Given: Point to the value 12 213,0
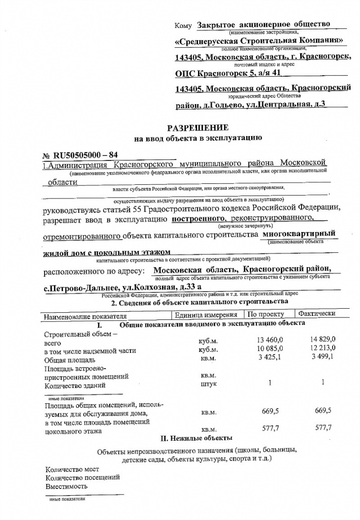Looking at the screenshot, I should (322, 349).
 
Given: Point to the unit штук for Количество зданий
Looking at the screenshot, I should (209, 384).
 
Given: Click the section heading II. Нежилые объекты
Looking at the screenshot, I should (197, 437).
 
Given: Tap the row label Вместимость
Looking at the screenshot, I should (66, 486).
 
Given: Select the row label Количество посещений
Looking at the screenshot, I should (83, 477).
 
